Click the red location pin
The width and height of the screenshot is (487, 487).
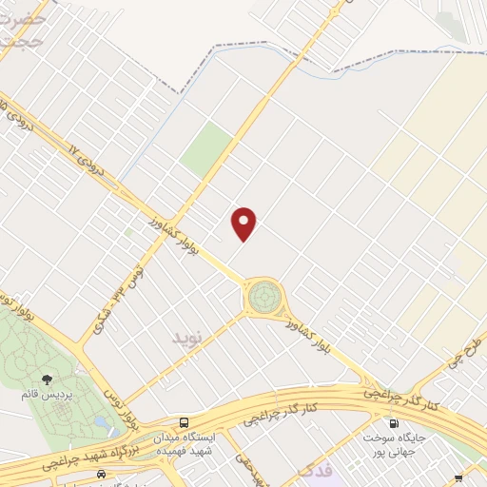pos(244,224)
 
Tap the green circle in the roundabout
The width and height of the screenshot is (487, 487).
pos(264,297)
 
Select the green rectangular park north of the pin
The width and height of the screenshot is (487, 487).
pos(207,148)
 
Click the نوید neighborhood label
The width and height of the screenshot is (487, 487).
pos(187,338)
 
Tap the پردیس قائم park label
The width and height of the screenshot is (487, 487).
pos(48,394)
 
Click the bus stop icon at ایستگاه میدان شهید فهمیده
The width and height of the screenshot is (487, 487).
pos(184,422)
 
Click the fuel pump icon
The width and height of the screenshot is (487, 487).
pos(392,423)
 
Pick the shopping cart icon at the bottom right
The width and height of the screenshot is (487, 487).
pos(458,477)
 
